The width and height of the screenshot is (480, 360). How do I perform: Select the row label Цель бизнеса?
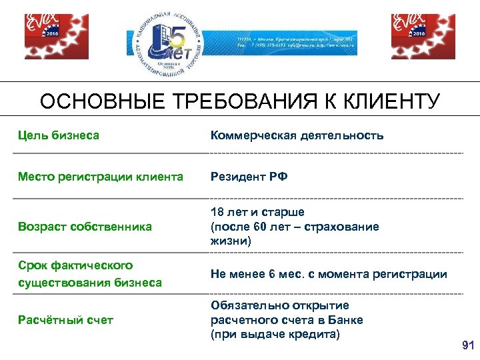[59, 135]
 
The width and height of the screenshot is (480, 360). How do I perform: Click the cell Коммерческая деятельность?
[297, 135]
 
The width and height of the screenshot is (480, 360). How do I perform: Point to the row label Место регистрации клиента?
[100, 177]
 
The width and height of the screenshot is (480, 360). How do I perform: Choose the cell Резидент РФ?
[249, 177]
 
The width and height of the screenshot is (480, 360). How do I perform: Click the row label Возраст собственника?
[85, 227]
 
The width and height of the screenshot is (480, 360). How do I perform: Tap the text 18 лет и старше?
[257, 212]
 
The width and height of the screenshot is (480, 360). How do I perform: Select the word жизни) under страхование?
[231, 241]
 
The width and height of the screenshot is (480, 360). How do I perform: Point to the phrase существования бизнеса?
[89, 282]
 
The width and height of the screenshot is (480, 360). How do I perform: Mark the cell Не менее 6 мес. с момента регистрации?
[329, 274]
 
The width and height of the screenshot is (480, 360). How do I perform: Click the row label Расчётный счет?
[65, 320]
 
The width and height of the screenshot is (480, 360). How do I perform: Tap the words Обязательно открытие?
[279, 305]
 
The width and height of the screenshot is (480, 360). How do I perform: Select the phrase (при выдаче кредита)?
[275, 334]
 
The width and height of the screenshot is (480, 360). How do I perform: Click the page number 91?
[467, 345]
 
